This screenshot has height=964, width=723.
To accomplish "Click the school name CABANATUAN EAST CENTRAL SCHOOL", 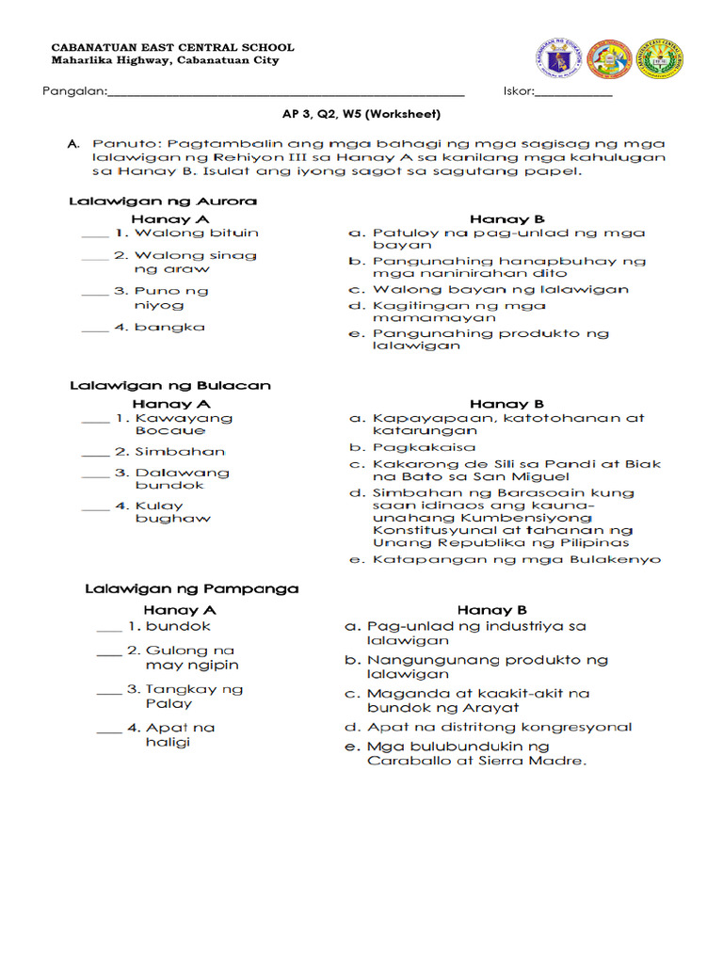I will (x=171, y=47).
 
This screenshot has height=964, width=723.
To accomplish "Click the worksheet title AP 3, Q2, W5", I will (x=361, y=114).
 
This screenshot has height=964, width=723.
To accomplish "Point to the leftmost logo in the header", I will (x=557, y=58).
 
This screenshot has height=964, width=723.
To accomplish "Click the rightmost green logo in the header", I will (x=660, y=58).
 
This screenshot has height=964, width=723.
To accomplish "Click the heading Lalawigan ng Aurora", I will (x=163, y=201).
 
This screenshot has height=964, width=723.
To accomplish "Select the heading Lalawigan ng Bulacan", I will (x=169, y=385).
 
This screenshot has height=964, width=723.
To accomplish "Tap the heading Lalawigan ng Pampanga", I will (x=191, y=589).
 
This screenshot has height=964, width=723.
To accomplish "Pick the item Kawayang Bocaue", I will (x=183, y=424).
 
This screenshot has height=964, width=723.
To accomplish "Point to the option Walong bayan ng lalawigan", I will (x=500, y=290).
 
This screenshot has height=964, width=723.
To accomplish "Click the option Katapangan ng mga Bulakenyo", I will (x=516, y=559).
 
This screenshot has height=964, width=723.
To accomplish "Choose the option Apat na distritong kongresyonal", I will (x=499, y=727).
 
